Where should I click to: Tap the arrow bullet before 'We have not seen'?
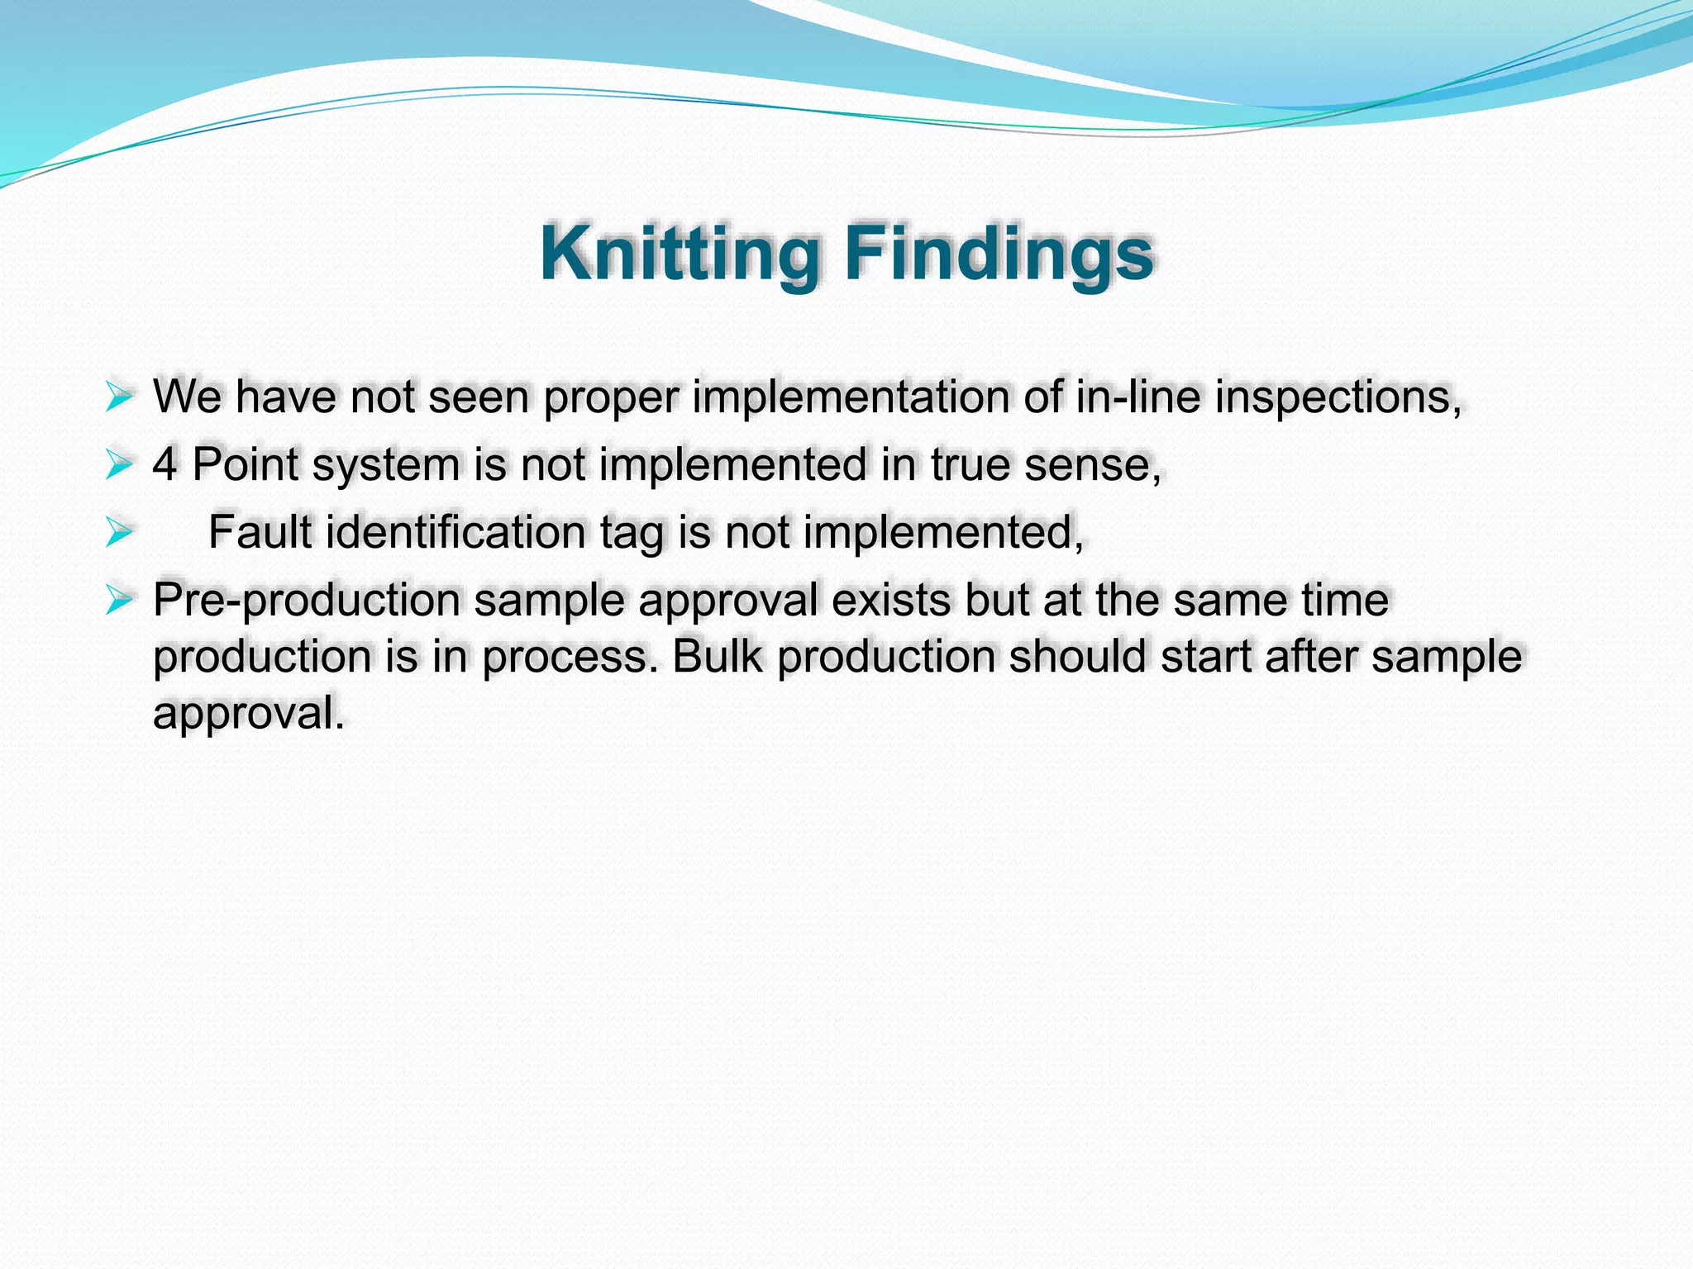point(119,397)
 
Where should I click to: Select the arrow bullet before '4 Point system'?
point(119,465)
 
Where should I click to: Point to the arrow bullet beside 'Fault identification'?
point(119,533)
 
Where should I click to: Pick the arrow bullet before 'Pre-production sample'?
point(119,601)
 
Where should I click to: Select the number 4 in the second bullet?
point(165,464)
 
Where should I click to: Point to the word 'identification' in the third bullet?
point(455,532)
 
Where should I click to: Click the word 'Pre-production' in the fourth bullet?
point(307,601)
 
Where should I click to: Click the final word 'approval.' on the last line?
point(248,714)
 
